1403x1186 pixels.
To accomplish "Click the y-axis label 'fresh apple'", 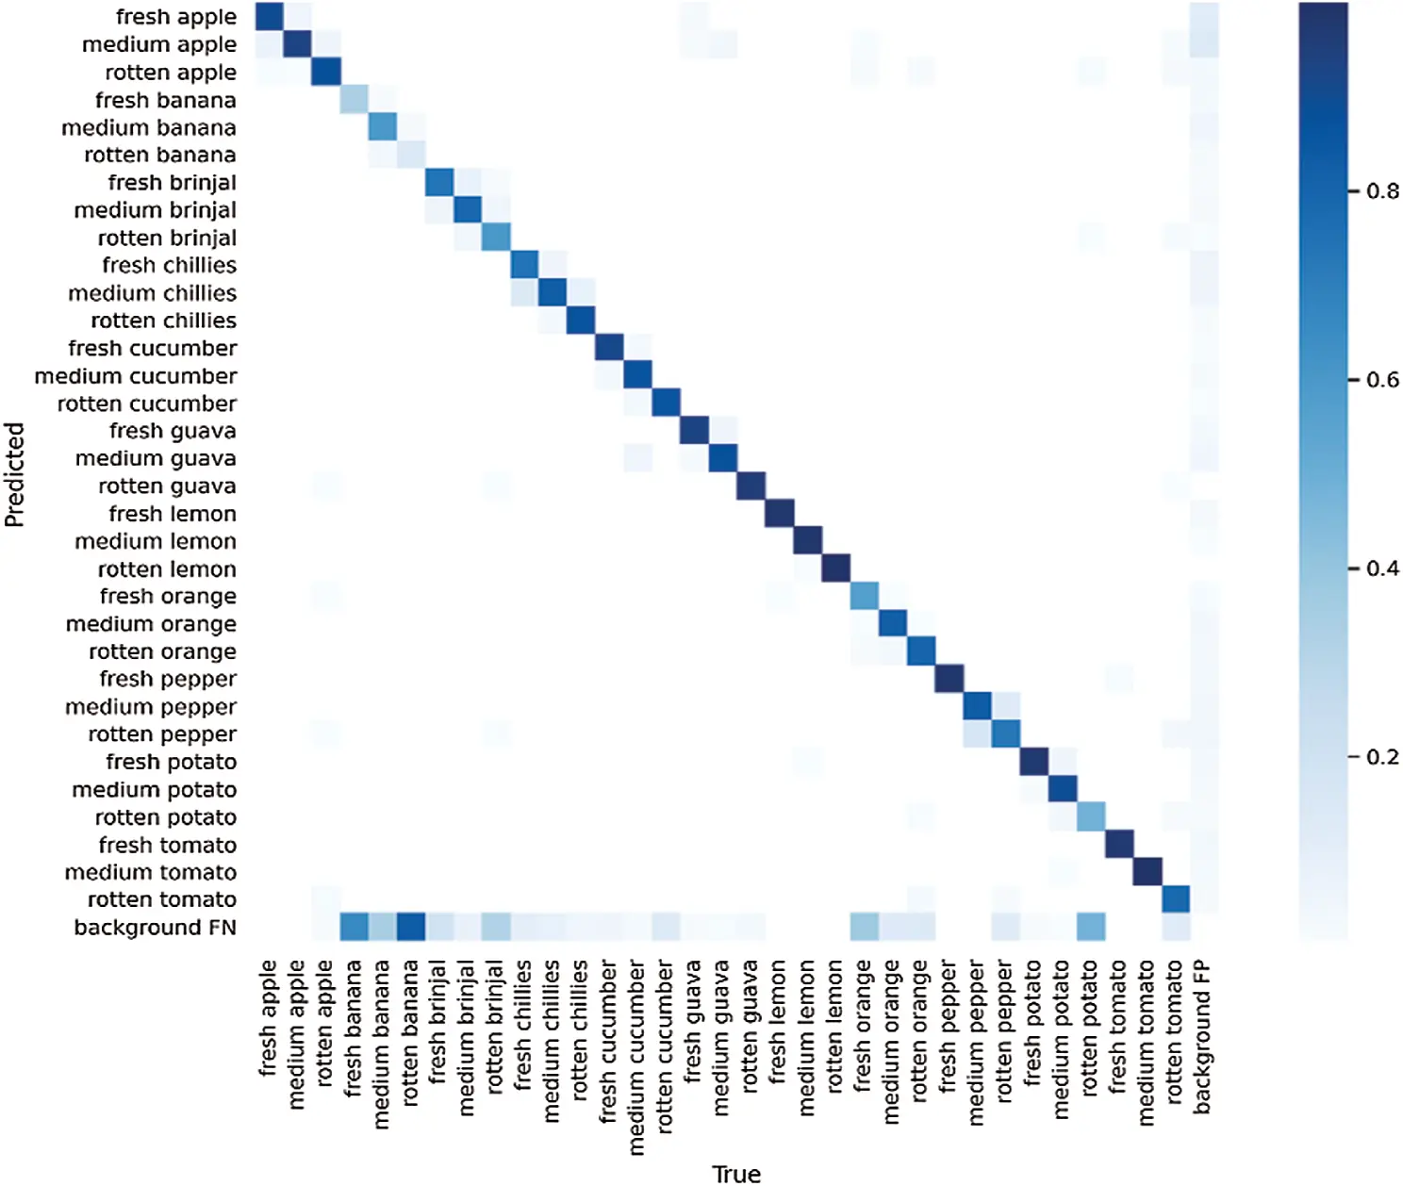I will click(175, 17).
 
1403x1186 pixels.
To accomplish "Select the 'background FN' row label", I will click(155, 928).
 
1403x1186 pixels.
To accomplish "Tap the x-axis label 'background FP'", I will click(1202, 1037).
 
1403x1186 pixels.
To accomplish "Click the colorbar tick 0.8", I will click(1382, 191).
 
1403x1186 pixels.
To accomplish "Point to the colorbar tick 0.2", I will click(1382, 757).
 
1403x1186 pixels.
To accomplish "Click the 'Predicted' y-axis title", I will click(14, 474).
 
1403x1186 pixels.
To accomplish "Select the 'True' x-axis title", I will click(735, 1174).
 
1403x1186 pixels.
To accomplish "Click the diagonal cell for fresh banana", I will click(355, 100).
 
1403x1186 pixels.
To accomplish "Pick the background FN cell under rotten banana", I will click(411, 928).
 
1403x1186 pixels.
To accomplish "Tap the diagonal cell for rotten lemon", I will click(835, 568).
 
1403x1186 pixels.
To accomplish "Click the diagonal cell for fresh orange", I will click(864, 596).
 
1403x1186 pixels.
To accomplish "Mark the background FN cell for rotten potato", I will click(1090, 928).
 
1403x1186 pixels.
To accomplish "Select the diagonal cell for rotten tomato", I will click(1175, 899).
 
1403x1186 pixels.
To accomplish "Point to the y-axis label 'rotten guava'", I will click(167, 486).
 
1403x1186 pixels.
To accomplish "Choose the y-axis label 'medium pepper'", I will click(151, 707).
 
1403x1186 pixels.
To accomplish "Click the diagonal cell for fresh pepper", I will click(949, 679).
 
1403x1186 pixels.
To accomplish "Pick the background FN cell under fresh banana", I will click(355, 928).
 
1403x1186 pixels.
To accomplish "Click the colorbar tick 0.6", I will click(1382, 380).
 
